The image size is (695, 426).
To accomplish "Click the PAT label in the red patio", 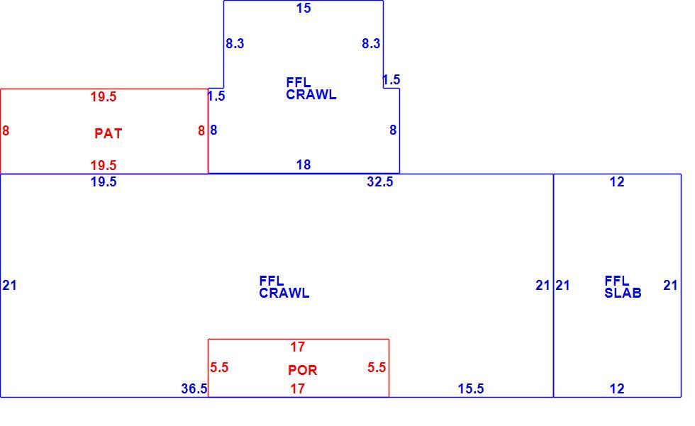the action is [x=108, y=133].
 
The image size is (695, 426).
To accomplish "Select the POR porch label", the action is [x=303, y=370].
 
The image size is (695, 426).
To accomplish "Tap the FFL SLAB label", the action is [x=623, y=286].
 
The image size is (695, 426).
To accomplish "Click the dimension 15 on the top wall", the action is [x=304, y=8].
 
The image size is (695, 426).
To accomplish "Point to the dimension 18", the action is [x=304, y=164].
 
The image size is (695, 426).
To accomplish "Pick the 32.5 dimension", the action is [x=380, y=181].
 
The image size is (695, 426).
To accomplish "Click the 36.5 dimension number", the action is [x=194, y=388].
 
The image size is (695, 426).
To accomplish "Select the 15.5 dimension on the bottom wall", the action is [x=471, y=388].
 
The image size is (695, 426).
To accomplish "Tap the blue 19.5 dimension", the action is [x=104, y=181].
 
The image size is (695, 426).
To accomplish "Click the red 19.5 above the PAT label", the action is [x=104, y=96].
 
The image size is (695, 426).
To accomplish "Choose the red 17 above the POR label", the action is [x=297, y=347].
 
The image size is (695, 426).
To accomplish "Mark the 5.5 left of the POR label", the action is [x=219, y=367].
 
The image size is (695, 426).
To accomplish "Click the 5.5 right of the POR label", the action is [x=377, y=367].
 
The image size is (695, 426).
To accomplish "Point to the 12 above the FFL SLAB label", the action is [x=617, y=181].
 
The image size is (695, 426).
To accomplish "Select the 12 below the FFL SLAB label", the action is [x=617, y=388].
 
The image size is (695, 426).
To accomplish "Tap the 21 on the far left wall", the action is [x=10, y=285].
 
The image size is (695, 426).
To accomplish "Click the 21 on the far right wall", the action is [x=670, y=285].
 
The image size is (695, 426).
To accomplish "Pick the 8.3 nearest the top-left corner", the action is [x=235, y=43].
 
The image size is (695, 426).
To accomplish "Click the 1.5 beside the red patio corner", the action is [x=216, y=96].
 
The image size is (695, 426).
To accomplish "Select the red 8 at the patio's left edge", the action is [x=6, y=130].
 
